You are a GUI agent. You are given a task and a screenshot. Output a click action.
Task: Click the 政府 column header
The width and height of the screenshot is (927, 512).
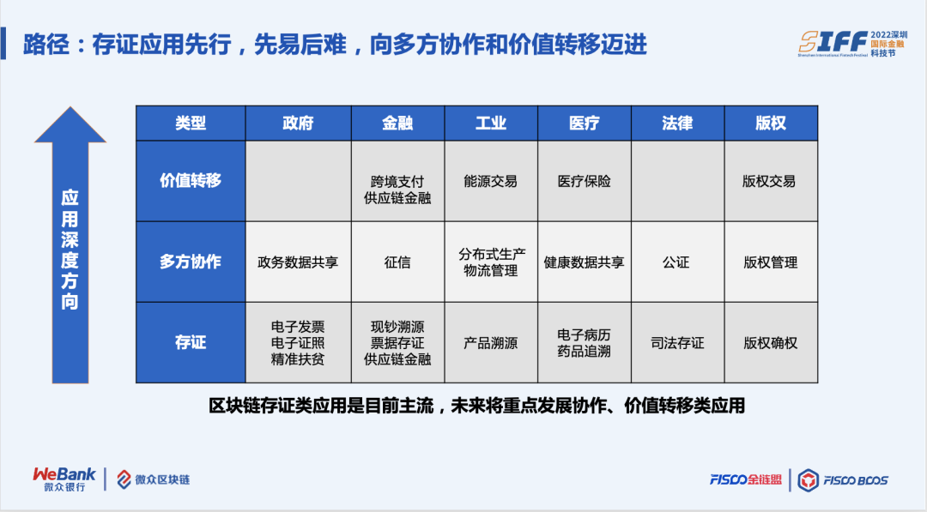(x=298, y=123)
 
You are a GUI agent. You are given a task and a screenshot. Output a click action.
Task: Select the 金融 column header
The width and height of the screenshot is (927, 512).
(x=397, y=123)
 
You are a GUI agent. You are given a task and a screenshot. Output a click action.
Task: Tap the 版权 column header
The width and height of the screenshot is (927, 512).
(x=771, y=123)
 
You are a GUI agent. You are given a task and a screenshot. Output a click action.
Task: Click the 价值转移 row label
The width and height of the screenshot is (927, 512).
(x=191, y=181)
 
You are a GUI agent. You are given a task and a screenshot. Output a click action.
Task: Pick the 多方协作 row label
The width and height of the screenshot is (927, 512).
(x=191, y=262)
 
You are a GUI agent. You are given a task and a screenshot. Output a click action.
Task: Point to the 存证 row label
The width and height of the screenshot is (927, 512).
(x=191, y=342)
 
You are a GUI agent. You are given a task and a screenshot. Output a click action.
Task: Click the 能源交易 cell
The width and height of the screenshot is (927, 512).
(x=490, y=181)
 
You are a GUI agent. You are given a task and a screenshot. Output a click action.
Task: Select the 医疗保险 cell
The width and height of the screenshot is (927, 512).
(x=585, y=181)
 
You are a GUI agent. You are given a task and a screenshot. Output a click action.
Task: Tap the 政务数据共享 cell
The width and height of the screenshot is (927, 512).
(x=298, y=262)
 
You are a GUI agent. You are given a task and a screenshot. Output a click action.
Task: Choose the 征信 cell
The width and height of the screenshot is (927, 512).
(x=397, y=262)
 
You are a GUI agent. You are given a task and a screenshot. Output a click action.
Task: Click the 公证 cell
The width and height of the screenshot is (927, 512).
(x=676, y=262)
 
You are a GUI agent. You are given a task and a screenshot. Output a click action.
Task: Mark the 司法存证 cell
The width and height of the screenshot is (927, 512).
(x=677, y=343)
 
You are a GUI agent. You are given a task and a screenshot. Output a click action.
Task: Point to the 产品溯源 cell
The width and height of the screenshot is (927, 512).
(x=490, y=343)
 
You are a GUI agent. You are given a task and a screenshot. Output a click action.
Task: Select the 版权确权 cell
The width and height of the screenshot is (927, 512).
(x=770, y=343)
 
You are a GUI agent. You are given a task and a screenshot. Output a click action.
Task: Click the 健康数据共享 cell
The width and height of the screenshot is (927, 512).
(x=585, y=262)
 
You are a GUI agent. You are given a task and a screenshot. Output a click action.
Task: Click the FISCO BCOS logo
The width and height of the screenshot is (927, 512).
(x=843, y=479)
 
